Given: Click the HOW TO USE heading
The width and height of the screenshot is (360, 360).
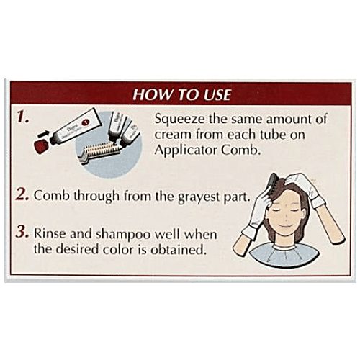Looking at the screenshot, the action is (182, 94).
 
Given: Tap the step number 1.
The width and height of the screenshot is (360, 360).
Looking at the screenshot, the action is (23, 117).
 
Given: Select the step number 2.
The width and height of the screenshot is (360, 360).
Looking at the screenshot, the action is (22, 194).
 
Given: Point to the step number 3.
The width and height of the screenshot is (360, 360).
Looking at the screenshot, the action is (22, 232).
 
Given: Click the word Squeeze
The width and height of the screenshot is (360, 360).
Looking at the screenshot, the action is (180, 120).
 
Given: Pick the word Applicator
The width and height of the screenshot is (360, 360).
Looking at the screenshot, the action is (186, 150).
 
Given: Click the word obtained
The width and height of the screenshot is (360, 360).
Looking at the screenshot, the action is (179, 249).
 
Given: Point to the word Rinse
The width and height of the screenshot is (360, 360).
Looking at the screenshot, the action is (50, 233).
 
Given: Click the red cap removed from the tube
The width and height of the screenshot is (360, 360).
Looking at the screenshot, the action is (42, 146).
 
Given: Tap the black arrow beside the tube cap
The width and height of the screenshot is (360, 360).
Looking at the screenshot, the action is (42, 134).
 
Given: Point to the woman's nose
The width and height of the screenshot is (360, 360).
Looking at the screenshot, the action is (287, 217).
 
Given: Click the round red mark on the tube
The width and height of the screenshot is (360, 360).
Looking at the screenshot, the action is (86, 123).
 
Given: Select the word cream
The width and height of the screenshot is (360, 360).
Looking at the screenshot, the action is (173, 135).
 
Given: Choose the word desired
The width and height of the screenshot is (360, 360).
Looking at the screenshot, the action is (78, 249).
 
